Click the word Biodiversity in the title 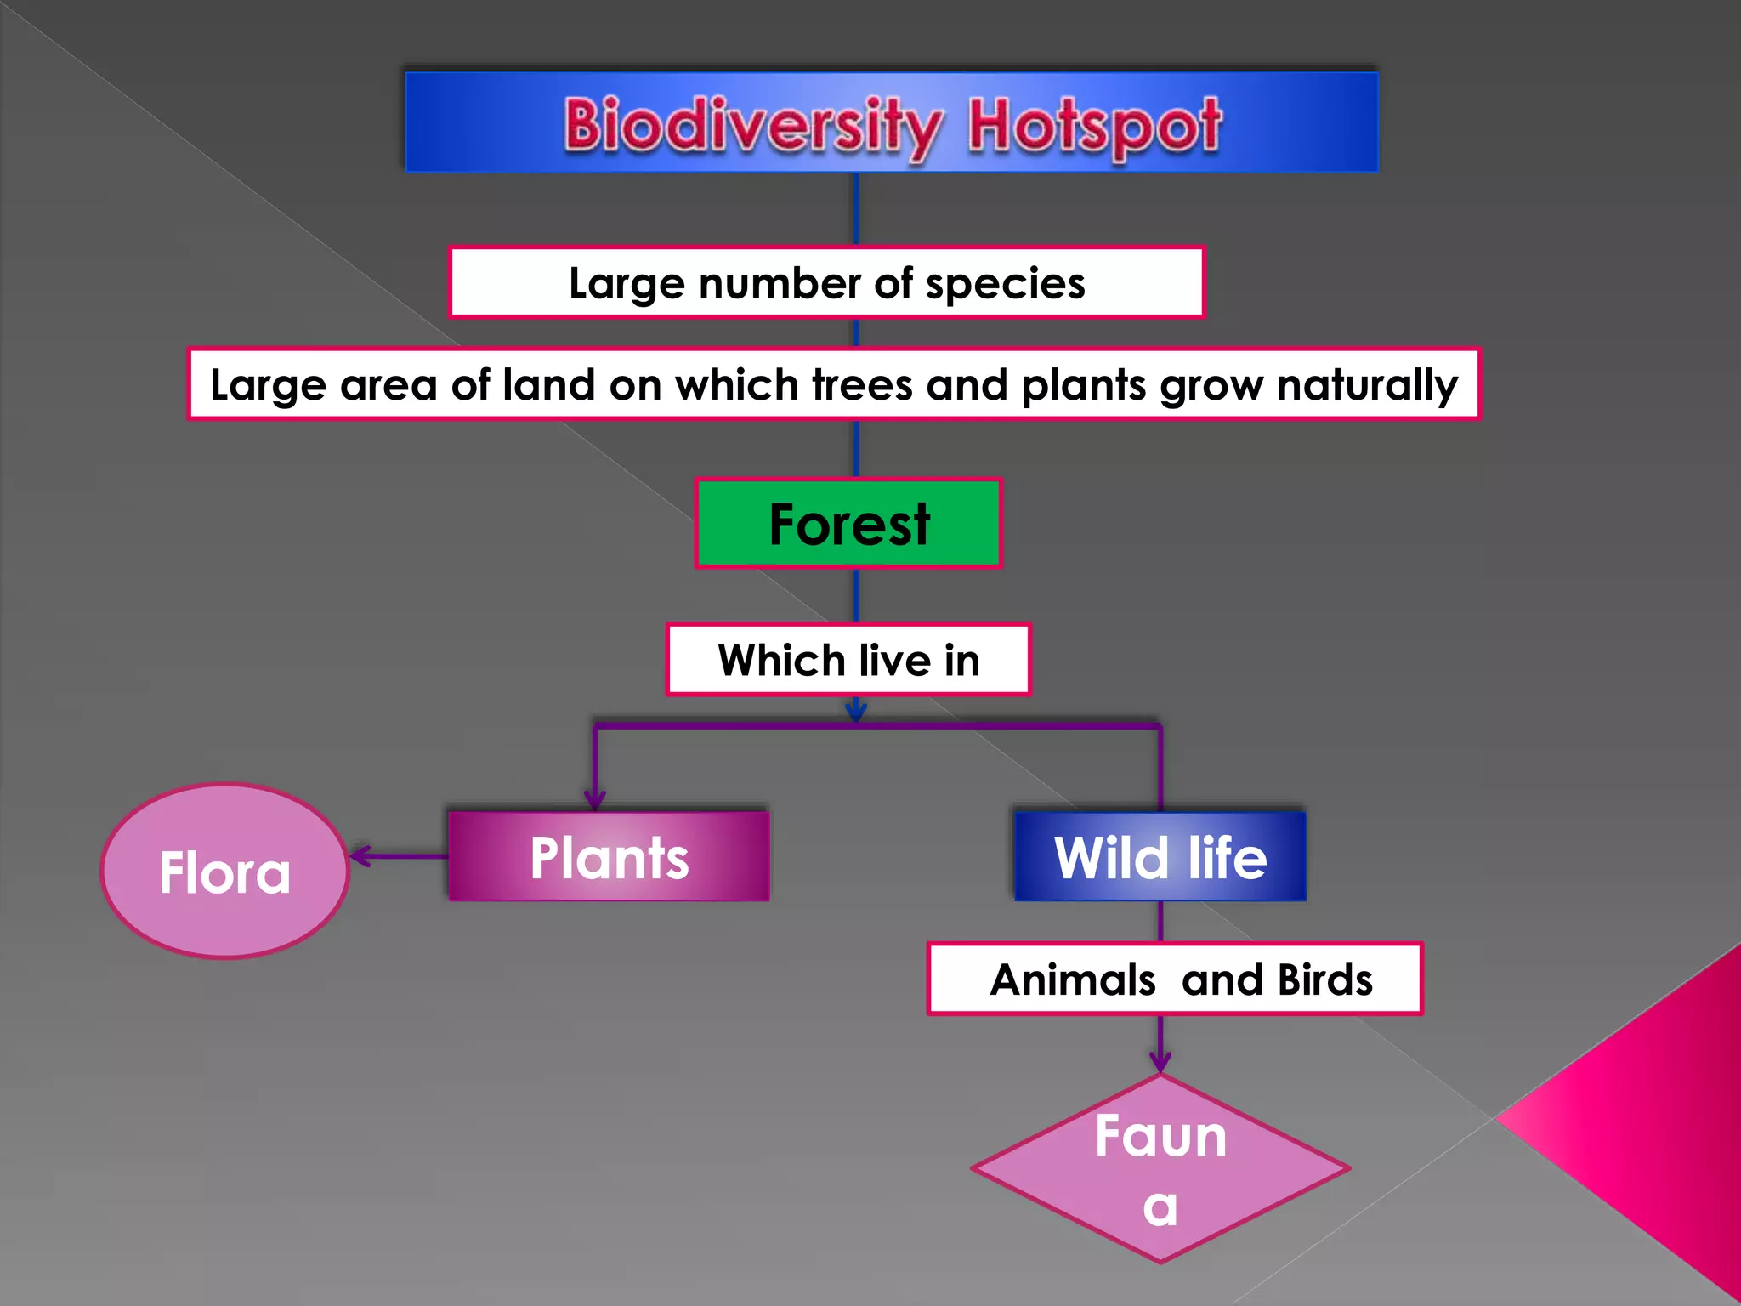click(x=751, y=126)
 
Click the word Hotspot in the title click(x=1094, y=126)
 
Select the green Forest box click(x=848, y=523)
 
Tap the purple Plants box click(x=609, y=856)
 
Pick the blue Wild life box click(x=1160, y=856)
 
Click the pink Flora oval click(x=224, y=872)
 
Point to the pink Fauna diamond click(x=1160, y=1169)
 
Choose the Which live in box click(x=848, y=660)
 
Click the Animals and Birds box click(x=1174, y=979)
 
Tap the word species click(x=1005, y=283)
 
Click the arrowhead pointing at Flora click(x=360, y=856)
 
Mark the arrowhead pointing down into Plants click(x=595, y=798)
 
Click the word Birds click(x=1324, y=979)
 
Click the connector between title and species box click(x=856, y=209)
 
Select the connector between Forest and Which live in click(x=856, y=595)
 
